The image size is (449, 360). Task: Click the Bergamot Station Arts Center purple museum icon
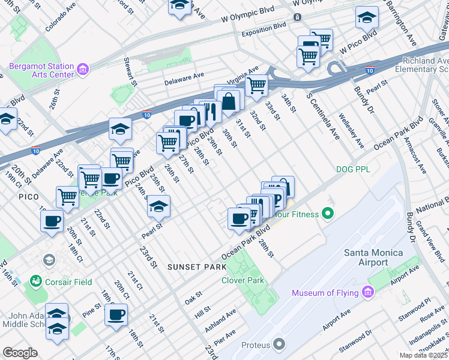(83, 70)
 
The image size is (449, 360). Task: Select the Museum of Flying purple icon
(368, 293)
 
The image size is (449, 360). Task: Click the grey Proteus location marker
(279, 345)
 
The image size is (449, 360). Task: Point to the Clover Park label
(243, 280)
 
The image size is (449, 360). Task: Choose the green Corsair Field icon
(36, 281)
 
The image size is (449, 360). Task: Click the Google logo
(20, 353)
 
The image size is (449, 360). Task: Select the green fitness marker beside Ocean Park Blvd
(328, 212)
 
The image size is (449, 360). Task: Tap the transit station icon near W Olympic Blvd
(297, 17)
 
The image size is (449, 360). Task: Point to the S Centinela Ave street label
(322, 117)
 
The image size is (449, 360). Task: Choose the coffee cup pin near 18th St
(116, 314)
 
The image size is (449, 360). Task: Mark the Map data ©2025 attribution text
(424, 355)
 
